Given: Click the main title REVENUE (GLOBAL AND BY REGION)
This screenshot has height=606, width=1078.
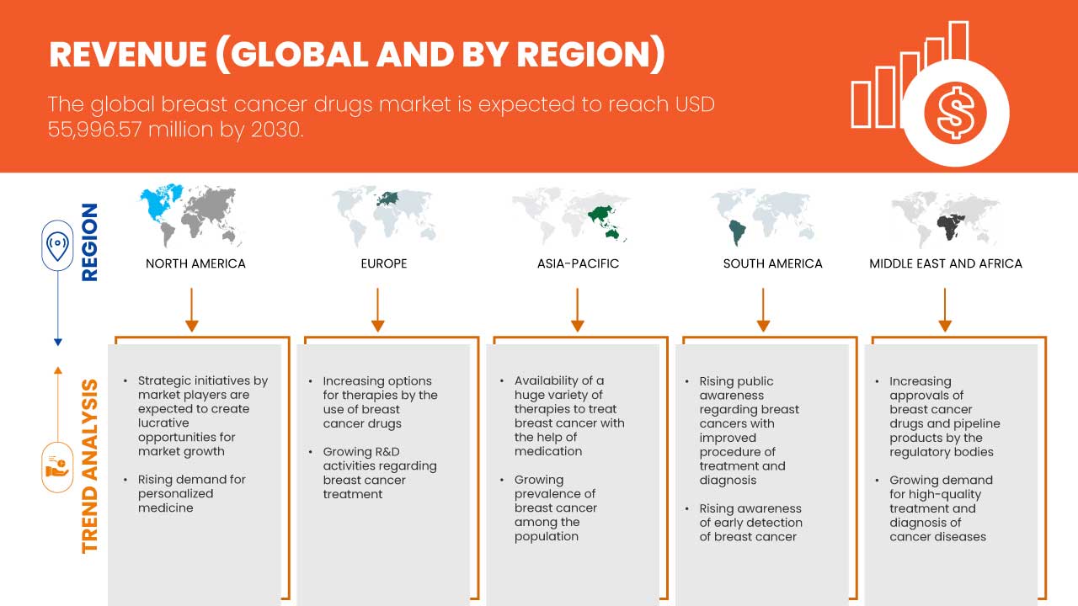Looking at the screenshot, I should (357, 54).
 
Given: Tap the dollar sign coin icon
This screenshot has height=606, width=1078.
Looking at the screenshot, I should (954, 113).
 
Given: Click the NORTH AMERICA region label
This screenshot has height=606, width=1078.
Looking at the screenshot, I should (195, 263).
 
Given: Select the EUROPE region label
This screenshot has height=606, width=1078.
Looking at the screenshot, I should (383, 263).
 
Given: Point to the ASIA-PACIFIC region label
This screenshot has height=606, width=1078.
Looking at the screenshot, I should (578, 263).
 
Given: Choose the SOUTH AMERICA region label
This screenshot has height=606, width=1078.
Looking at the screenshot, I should (772, 263).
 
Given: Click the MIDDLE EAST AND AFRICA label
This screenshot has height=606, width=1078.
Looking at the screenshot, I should (945, 263).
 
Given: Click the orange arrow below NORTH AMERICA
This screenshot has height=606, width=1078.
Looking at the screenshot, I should (191, 310).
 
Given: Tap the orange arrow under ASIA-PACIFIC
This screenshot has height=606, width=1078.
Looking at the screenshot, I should (577, 310).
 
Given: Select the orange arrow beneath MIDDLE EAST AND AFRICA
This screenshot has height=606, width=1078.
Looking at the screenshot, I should (945, 310).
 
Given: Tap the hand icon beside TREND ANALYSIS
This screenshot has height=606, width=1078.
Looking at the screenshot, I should (57, 466).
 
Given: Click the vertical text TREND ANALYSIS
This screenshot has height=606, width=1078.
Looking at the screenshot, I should (89, 465).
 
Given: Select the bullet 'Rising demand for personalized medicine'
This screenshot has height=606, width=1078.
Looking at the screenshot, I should (192, 493).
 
